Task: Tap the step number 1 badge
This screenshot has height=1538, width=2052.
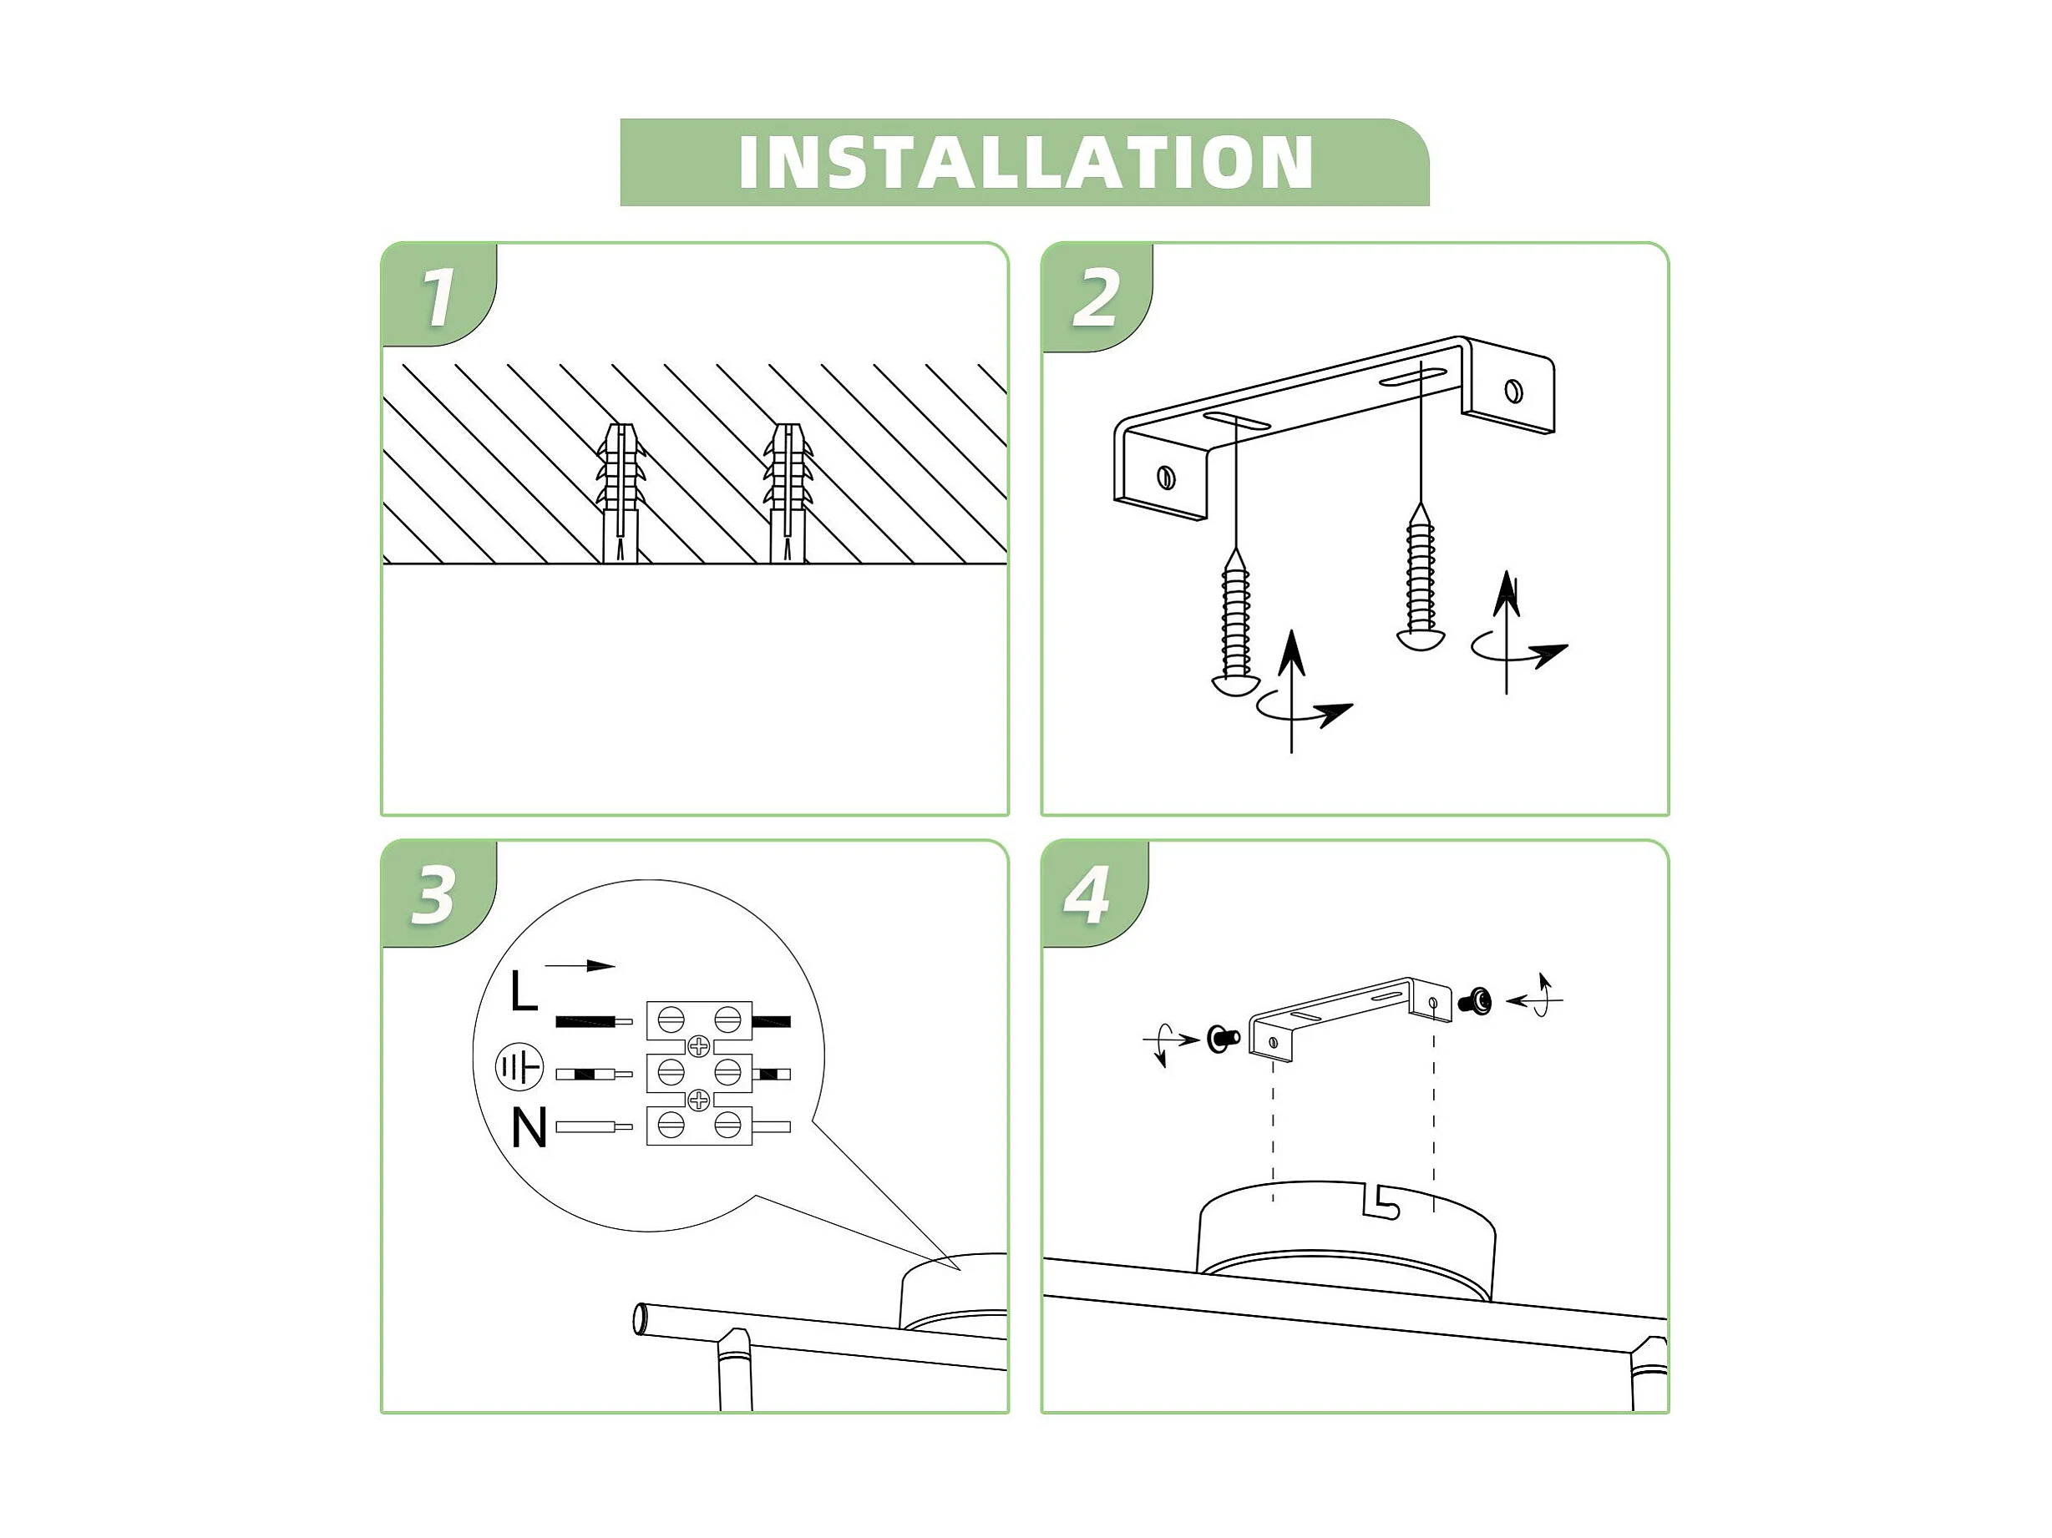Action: coord(438,296)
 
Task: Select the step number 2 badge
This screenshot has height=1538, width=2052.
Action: coord(1097,298)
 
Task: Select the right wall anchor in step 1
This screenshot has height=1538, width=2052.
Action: coord(788,493)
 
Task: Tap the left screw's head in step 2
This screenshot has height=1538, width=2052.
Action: coord(1234,685)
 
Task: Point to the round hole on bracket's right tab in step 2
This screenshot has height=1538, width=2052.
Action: coord(1513,391)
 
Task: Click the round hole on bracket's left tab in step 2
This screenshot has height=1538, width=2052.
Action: coord(1167,478)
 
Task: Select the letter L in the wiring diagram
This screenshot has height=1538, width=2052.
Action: coord(523,991)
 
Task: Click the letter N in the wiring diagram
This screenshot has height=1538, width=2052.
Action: coord(529,1128)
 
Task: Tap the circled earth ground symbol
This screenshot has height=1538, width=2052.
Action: coord(519,1068)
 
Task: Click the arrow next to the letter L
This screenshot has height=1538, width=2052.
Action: coord(580,966)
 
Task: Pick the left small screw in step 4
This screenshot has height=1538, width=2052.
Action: coord(1223,1039)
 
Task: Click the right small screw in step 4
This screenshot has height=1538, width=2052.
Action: coord(1475,1002)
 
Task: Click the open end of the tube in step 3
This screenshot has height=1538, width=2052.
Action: coord(640,1319)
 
